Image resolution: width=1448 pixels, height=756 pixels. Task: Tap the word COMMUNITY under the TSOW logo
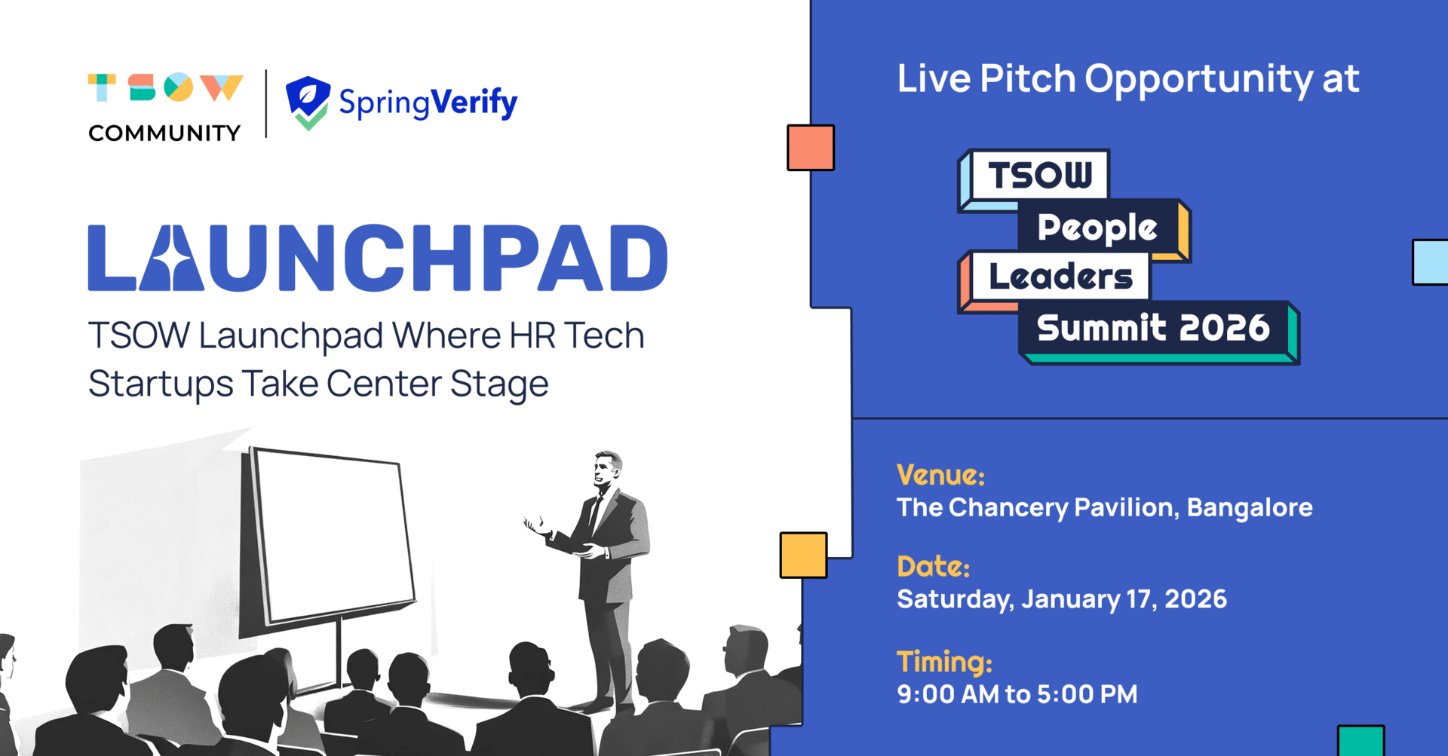164,133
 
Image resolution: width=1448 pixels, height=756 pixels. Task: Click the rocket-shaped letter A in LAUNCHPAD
171,258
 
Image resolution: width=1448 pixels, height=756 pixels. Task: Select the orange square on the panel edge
811,148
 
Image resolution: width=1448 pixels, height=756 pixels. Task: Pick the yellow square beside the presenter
803,556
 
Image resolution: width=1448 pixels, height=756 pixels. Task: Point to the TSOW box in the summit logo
1040,175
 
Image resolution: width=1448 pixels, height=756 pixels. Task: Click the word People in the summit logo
1097,228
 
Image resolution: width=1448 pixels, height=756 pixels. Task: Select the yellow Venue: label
940,475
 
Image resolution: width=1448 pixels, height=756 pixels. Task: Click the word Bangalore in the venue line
1250,507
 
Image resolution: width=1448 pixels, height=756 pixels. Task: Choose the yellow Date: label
933,566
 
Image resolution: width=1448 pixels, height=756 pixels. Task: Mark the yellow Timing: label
944,662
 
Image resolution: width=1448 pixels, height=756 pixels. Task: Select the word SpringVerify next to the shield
428,103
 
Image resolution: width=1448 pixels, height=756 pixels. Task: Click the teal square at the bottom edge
1361,741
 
